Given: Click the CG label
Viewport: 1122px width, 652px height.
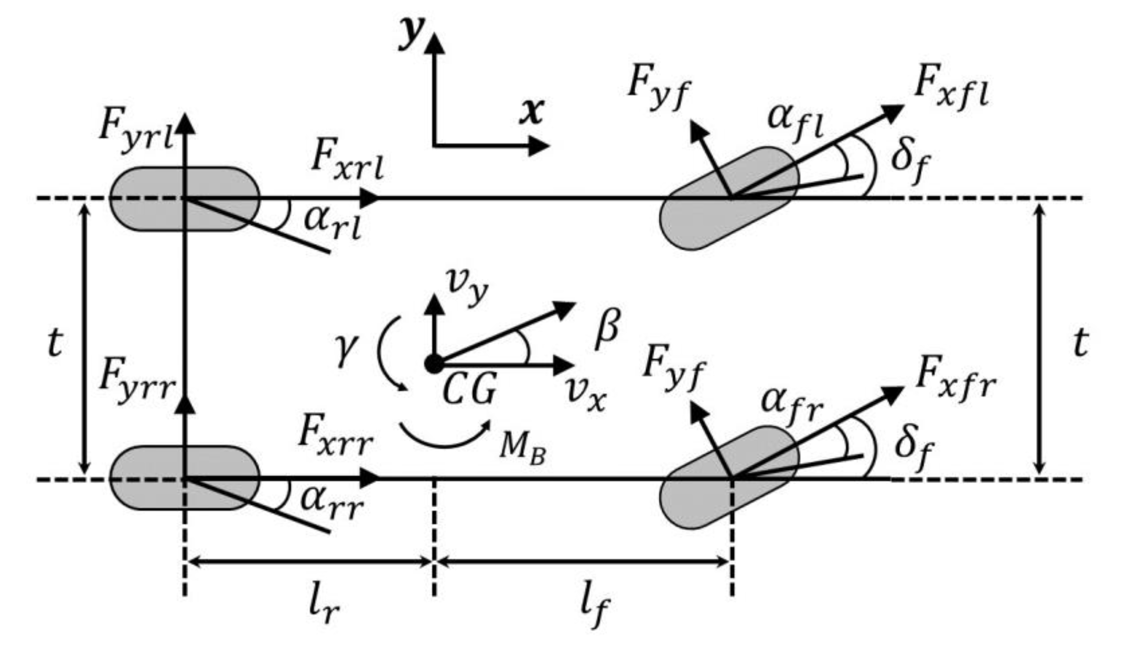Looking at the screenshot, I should tap(470, 390).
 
